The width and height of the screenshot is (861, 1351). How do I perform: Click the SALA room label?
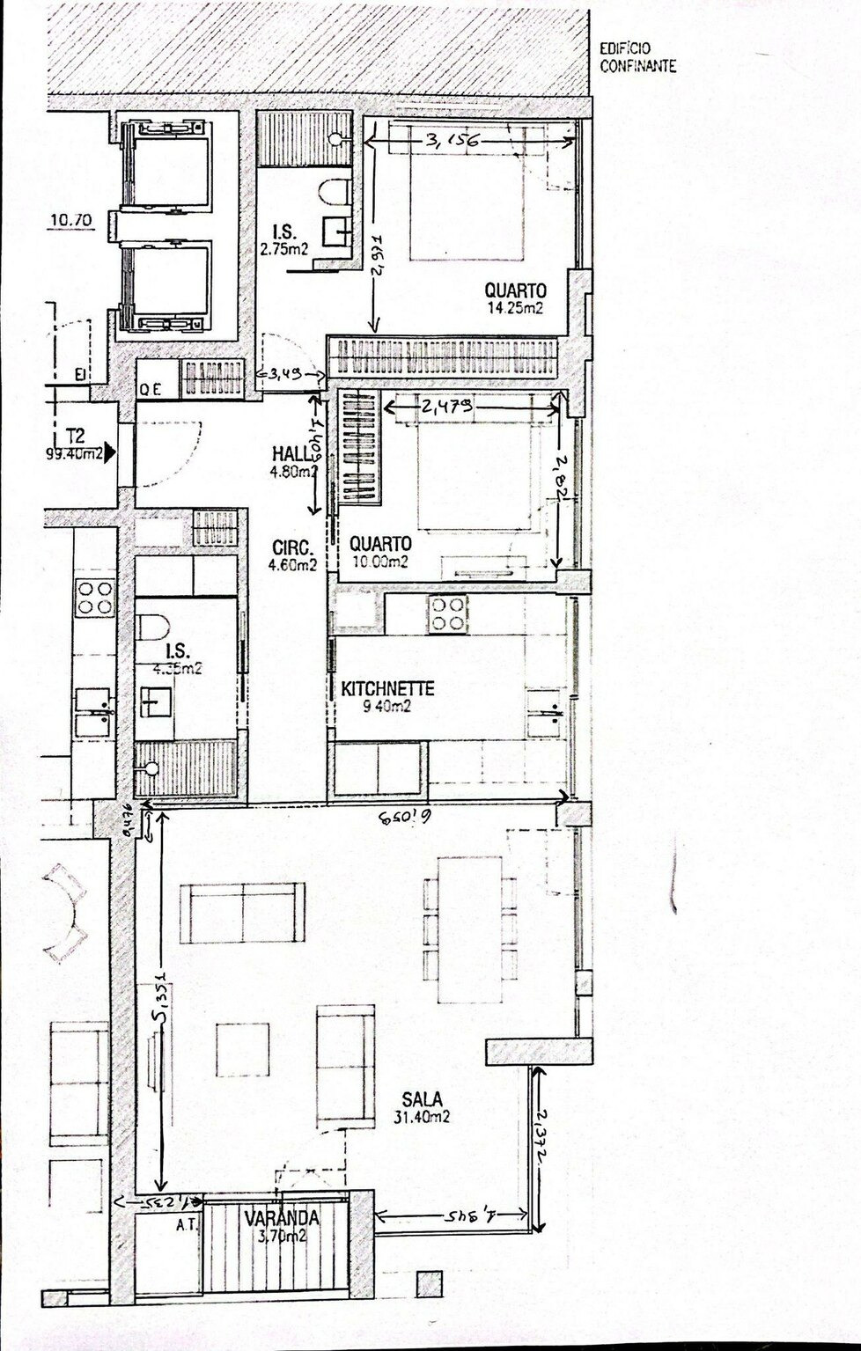[422, 1098]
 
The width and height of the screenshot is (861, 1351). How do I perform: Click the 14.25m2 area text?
[516, 308]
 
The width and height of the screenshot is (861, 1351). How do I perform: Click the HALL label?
[289, 453]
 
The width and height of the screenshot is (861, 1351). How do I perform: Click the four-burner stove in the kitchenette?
[445, 613]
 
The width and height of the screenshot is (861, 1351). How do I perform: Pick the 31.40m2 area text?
[423, 1117]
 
